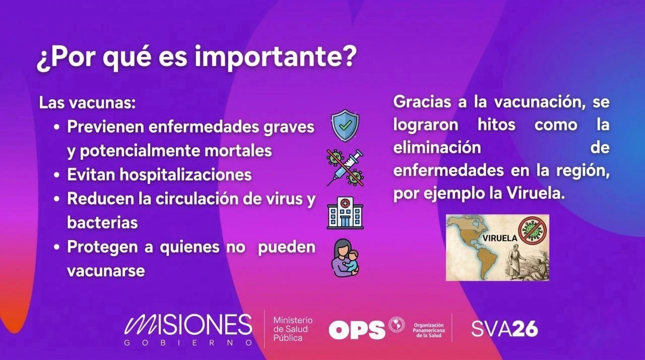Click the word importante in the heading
tap(276, 57)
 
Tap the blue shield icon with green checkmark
tap(345, 125)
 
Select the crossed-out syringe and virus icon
tap(345, 167)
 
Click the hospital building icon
tap(345, 213)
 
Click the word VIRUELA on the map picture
tap(499, 238)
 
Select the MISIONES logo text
tap(188, 325)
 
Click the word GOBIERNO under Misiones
tap(188, 343)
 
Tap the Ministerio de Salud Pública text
tap(293, 329)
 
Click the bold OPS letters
tap(357, 330)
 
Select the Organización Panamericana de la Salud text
tap(429, 330)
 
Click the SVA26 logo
tap(504, 329)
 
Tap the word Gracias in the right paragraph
tap(422, 102)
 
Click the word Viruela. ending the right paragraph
tap(536, 194)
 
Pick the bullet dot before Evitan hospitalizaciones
tap(57, 175)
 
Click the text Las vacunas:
tap(87, 103)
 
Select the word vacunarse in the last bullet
tap(106, 271)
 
